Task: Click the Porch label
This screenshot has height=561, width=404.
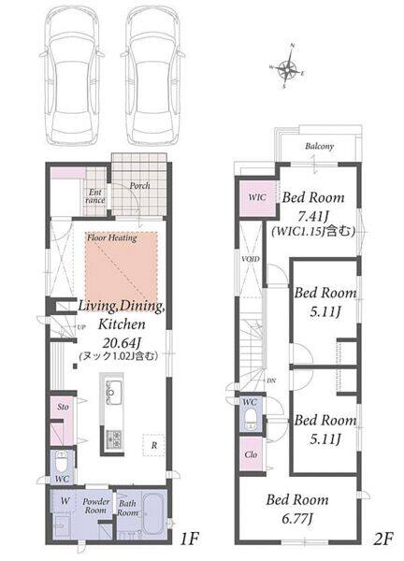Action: tap(139, 186)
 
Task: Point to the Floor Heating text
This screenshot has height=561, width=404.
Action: tap(112, 237)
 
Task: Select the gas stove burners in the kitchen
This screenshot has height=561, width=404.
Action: tap(114, 439)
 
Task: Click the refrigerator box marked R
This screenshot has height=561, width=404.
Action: tap(154, 445)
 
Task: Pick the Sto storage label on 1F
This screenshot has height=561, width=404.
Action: tap(63, 407)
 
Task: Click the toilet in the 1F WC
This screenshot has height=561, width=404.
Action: tap(63, 462)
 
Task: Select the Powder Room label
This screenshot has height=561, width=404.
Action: tap(95, 506)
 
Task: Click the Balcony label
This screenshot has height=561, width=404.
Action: tap(319, 146)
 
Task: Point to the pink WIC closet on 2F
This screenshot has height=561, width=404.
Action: tap(257, 198)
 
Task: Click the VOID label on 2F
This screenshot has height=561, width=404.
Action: tap(251, 259)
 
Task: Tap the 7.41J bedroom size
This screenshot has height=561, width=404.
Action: tap(313, 216)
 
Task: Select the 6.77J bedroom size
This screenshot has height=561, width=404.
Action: tap(297, 518)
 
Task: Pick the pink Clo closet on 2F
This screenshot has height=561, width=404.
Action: tap(251, 454)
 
